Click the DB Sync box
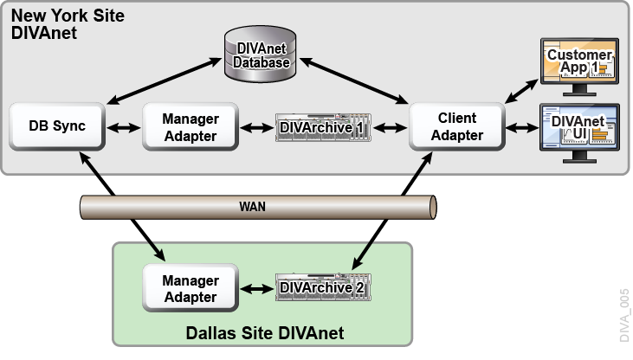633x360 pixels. [x=57, y=126]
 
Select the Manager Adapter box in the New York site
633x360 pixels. [x=191, y=126]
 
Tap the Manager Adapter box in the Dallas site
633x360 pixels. [x=191, y=288]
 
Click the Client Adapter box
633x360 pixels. [x=457, y=126]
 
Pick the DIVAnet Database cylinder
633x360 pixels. [x=261, y=54]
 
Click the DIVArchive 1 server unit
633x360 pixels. [x=323, y=127]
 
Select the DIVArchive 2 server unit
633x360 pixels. [x=323, y=287]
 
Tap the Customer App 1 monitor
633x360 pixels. [x=579, y=67]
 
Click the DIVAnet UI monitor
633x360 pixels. [x=579, y=133]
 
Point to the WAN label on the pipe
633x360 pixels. [x=252, y=207]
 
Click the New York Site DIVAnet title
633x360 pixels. [x=68, y=24]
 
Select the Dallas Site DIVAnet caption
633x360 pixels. [x=265, y=333]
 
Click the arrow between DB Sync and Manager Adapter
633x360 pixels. [x=124, y=128]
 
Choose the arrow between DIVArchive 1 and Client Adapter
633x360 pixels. [x=391, y=128]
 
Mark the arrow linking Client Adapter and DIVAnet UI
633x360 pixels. [x=522, y=128]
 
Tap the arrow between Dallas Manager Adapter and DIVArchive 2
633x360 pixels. [x=257, y=289]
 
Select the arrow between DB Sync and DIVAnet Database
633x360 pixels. [x=165, y=80]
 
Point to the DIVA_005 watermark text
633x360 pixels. [x=624, y=315]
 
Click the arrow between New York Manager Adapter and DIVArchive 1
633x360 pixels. [x=257, y=128]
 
